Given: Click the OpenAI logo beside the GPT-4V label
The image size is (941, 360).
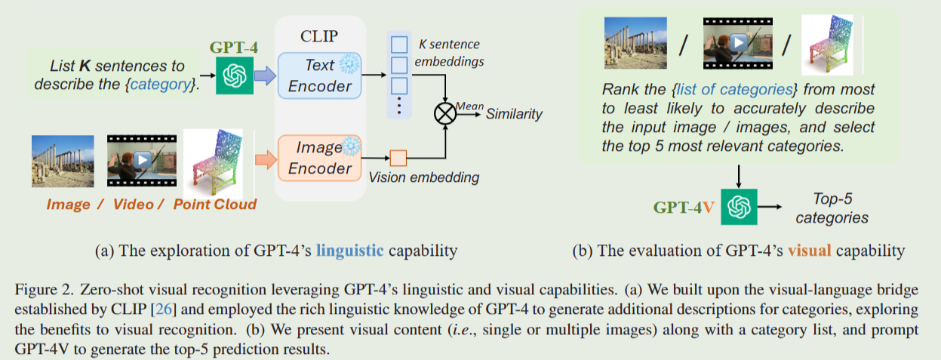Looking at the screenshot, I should pyautogui.click(x=738, y=206).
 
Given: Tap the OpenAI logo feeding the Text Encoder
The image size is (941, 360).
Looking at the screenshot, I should pyautogui.click(x=235, y=75).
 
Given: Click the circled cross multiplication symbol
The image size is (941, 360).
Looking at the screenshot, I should pyautogui.click(x=443, y=114).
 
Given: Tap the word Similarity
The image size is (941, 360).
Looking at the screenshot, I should pyautogui.click(x=514, y=114).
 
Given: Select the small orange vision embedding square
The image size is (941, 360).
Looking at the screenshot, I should pyautogui.click(x=398, y=158).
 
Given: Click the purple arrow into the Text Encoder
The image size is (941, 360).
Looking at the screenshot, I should pyautogui.click(x=266, y=75).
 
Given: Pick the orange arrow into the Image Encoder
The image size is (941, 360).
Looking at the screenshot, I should pyautogui.click(x=266, y=158).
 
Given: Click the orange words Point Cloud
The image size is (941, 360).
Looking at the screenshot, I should pyautogui.click(x=215, y=204).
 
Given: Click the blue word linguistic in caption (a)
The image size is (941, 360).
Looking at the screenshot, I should pyautogui.click(x=349, y=250).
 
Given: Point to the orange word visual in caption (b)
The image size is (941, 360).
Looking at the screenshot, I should pyautogui.click(x=809, y=250).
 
